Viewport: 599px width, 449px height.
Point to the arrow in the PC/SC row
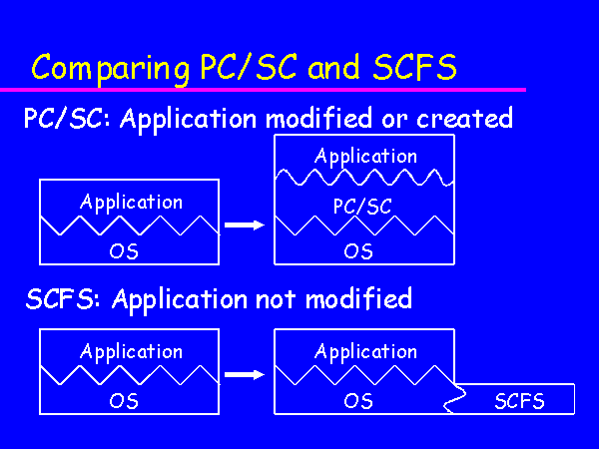[x=245, y=224]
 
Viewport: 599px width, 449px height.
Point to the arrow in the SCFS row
[x=245, y=375]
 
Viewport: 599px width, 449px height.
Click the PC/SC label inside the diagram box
[x=362, y=206]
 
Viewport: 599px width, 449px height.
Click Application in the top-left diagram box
[x=131, y=202]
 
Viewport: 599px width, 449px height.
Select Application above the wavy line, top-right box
[x=365, y=156]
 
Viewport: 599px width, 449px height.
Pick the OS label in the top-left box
[x=123, y=250]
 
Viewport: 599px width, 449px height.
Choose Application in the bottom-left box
[x=131, y=351]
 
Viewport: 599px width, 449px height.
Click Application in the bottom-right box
[x=365, y=351]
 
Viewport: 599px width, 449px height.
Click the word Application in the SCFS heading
[x=171, y=299]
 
